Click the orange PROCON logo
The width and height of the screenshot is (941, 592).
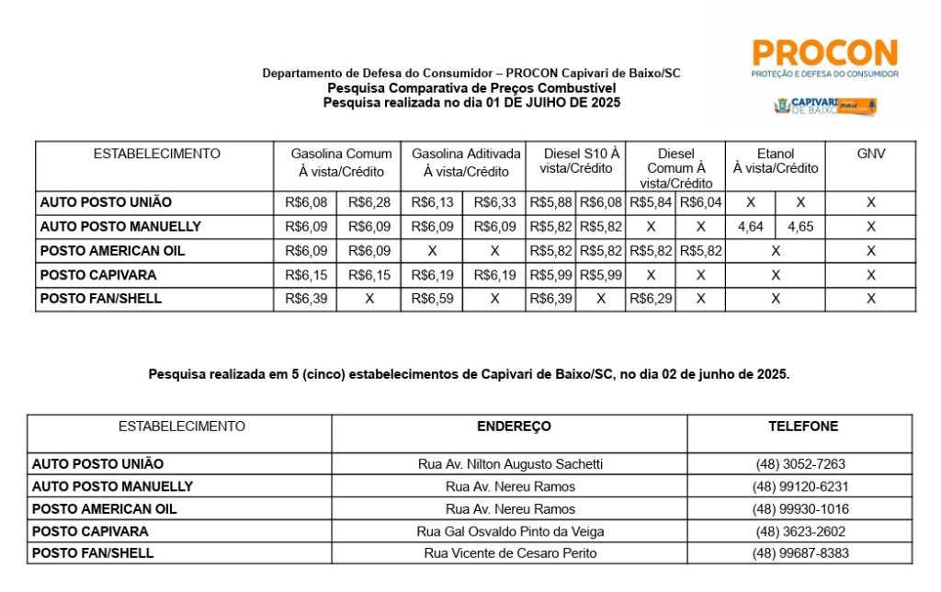(x=824, y=57)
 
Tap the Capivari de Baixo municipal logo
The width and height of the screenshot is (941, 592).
(x=824, y=105)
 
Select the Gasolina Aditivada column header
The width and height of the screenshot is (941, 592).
(x=465, y=162)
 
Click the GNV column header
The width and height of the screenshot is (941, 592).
(x=870, y=154)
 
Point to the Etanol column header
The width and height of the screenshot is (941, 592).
(x=776, y=161)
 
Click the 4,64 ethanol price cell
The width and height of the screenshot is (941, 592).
(x=750, y=226)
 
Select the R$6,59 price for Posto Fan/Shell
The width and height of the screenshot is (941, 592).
(x=432, y=299)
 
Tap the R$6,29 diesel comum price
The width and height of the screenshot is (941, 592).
(x=651, y=299)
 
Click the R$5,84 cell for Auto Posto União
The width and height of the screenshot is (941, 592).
(x=651, y=202)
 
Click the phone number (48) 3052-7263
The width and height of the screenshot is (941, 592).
(x=799, y=464)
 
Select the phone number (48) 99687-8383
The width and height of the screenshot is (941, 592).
(x=799, y=553)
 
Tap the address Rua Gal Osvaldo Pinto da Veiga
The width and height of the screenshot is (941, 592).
(x=510, y=531)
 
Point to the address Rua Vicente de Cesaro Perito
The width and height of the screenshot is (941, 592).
(x=510, y=553)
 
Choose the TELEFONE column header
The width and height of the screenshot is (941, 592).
(x=803, y=427)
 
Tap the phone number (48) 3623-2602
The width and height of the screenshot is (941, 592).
(x=799, y=531)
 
